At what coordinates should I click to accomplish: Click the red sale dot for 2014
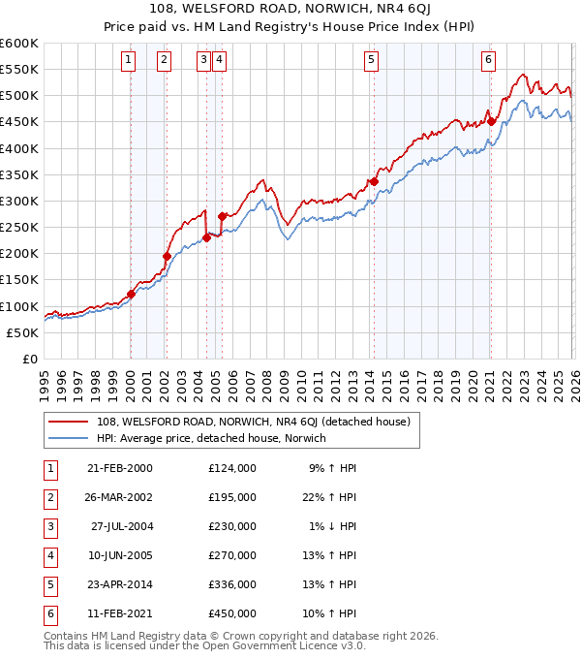click(374, 181)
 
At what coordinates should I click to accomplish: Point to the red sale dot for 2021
click(491, 121)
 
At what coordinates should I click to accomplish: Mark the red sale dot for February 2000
click(131, 294)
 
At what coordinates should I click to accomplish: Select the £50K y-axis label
click(22, 332)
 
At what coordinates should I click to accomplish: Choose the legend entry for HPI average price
click(211, 438)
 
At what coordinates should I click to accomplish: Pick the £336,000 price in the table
click(232, 583)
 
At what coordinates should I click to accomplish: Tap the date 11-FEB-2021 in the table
click(119, 612)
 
